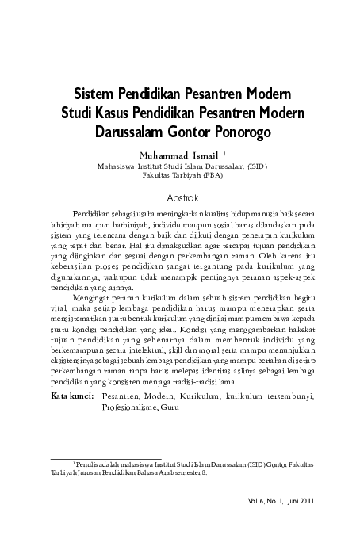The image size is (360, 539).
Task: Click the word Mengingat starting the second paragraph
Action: coord(93,297)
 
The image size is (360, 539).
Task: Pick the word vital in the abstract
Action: coord(59,308)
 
